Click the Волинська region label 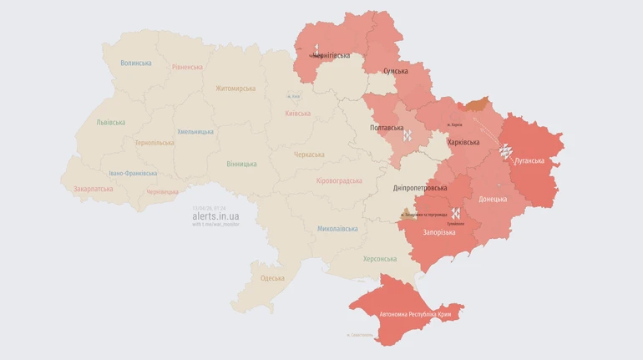point(136,63)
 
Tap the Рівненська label point(187,67)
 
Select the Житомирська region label point(235,89)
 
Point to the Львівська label point(110,122)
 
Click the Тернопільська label point(154,143)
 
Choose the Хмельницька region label point(195,132)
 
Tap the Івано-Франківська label point(133,173)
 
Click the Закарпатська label point(93,190)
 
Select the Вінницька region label point(241,164)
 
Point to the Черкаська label point(309,155)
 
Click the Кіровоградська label point(340,181)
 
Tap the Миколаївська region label point(338,228)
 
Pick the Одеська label point(272,278)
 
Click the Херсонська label point(380,259)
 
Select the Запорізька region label point(439,232)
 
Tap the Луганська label point(529,160)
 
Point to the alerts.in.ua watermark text point(215,215)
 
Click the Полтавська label point(387,128)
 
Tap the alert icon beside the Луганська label point(504,151)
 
